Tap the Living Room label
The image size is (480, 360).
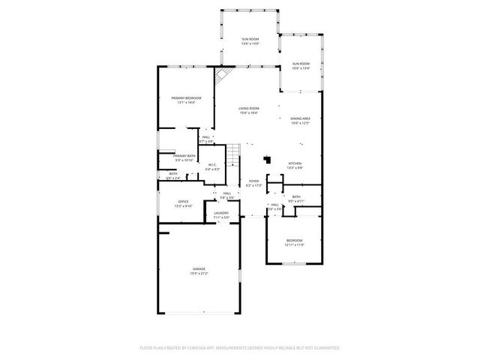249,109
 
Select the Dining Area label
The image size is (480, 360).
300,121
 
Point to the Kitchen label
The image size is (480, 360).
295,166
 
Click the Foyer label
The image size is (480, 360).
253,182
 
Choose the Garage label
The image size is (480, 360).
199,271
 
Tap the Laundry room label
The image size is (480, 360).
221,215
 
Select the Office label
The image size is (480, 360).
183,203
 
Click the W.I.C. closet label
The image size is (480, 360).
212,167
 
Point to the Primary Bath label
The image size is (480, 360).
184,157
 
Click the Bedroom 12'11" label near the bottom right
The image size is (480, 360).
294,242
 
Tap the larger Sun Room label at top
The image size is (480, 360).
250,40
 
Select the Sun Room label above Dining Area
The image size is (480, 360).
300,66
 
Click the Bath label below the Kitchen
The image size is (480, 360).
296,199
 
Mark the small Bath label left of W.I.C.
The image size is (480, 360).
172,176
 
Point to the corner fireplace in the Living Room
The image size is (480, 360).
222,76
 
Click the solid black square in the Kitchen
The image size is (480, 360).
267,158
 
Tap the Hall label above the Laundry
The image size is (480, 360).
226,195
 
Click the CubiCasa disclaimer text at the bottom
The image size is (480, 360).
240,348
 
